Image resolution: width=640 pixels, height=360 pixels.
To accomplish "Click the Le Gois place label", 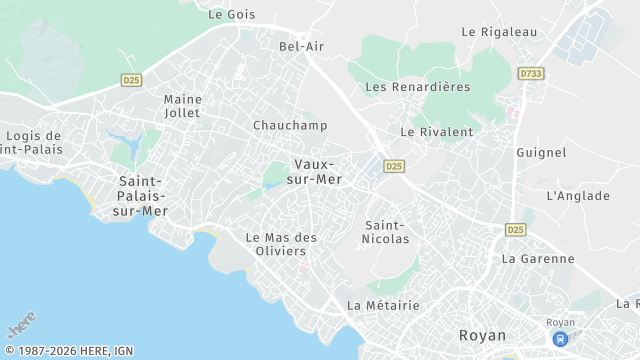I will [231, 15].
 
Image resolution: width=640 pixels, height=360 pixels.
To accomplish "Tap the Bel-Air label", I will [301, 46].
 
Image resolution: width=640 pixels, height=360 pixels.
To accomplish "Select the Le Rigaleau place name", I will [499, 32].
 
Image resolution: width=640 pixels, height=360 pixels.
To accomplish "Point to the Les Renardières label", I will [418, 87].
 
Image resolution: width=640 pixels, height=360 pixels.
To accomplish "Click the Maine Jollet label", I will [182, 106].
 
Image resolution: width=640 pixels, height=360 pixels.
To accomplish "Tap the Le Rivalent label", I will [436, 131].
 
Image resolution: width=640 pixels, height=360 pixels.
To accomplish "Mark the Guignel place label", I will [541, 152].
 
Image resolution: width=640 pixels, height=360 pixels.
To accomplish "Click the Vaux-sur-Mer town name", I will [319, 171].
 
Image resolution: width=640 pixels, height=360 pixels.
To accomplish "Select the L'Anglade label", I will [578, 196].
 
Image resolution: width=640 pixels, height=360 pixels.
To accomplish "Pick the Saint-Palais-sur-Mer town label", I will [142, 196].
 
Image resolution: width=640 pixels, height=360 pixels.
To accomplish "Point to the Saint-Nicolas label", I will [387, 231].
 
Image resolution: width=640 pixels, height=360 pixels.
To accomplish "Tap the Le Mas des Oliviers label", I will [281, 244].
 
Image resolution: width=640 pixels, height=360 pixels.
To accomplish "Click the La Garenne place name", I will [538, 258].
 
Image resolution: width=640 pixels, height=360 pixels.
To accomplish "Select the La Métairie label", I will [383, 305].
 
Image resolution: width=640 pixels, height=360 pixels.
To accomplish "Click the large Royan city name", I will [482, 335].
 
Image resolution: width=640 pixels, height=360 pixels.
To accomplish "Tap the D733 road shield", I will [530, 74].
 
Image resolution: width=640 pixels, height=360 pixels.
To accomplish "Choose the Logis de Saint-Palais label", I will [33, 142].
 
